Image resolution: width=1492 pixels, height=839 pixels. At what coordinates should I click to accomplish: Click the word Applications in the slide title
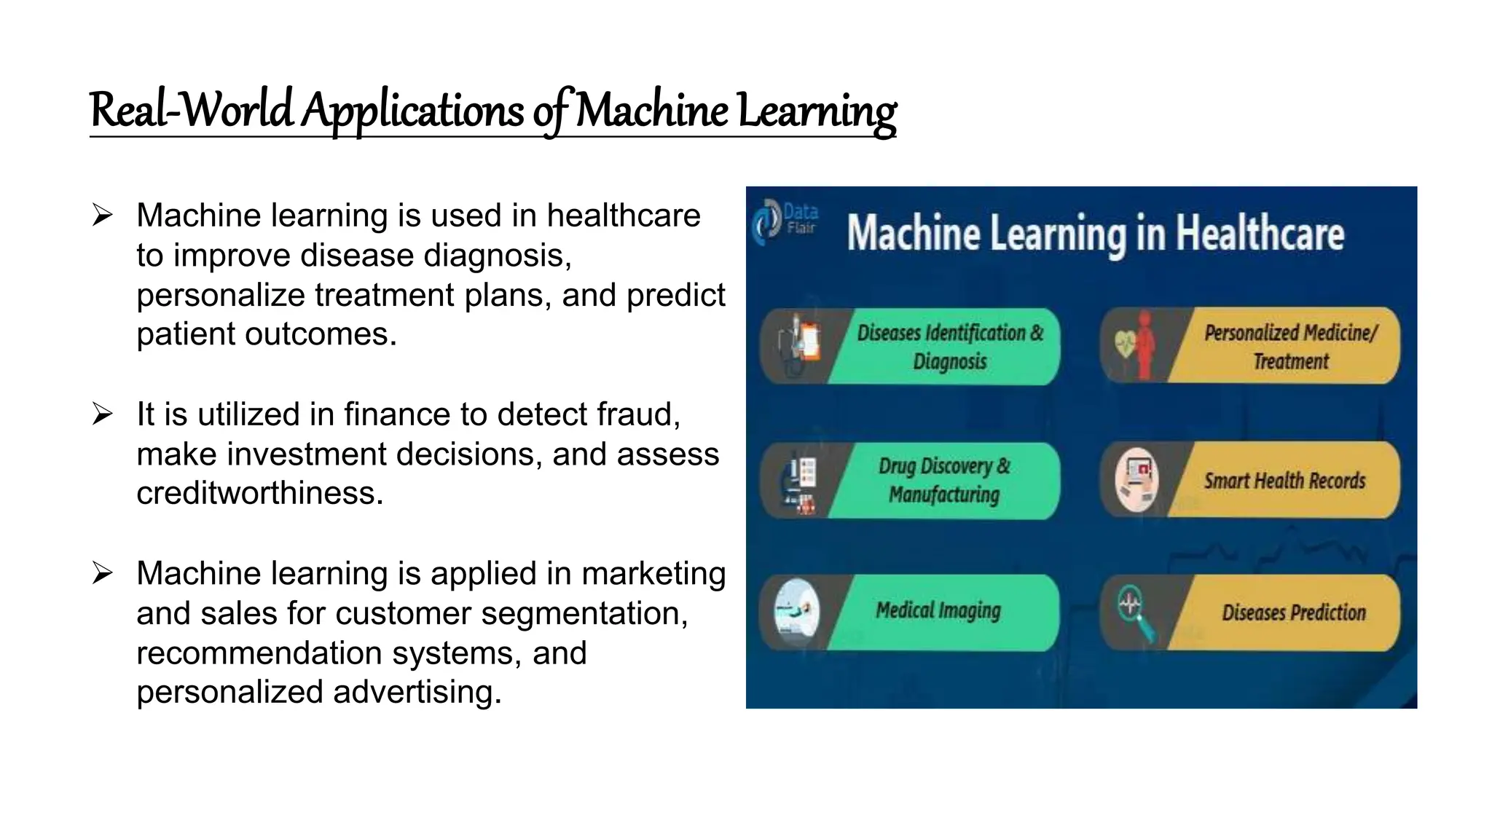click(x=412, y=111)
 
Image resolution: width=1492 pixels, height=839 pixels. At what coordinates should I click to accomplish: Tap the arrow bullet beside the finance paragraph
click(x=103, y=414)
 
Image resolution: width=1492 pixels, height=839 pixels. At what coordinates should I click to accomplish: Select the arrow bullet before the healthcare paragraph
click(x=103, y=216)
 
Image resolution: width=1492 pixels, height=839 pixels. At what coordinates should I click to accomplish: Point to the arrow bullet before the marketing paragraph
click(x=103, y=574)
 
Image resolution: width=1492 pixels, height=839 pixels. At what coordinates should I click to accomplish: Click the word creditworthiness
click(x=259, y=494)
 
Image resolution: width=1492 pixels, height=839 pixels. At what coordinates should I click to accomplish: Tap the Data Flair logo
click(x=785, y=220)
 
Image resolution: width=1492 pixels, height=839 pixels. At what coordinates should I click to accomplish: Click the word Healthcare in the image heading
click(x=1260, y=235)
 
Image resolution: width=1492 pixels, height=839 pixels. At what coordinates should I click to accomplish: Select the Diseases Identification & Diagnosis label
click(x=950, y=347)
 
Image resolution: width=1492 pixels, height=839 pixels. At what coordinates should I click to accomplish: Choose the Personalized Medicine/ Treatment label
click(x=1290, y=347)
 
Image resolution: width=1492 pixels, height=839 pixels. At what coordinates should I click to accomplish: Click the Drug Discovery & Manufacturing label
click(x=944, y=481)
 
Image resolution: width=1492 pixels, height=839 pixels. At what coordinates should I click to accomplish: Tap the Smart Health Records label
click(x=1284, y=481)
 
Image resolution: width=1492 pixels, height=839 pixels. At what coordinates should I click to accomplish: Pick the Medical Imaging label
click(x=938, y=610)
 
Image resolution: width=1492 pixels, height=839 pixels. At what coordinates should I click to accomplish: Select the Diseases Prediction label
click(x=1293, y=612)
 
